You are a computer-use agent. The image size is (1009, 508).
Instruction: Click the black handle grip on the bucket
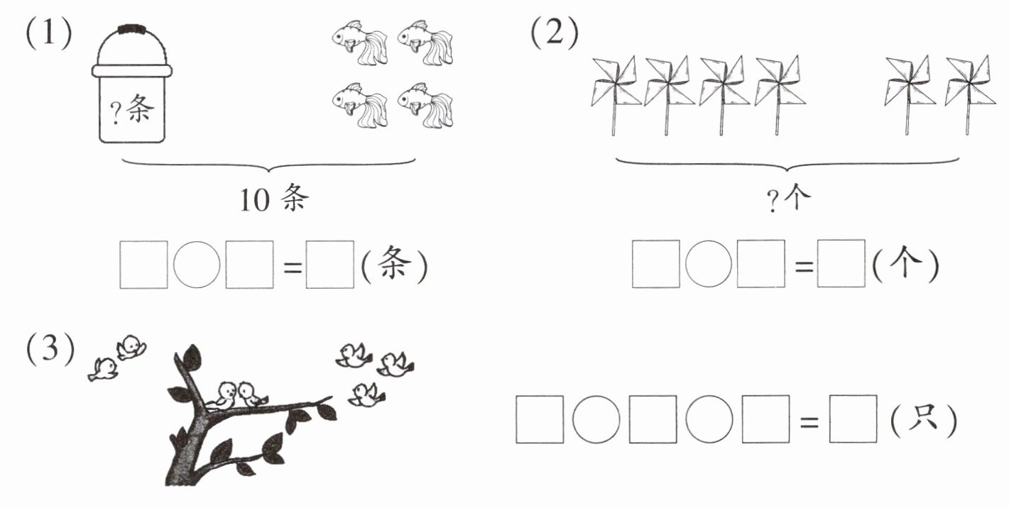coord(132,29)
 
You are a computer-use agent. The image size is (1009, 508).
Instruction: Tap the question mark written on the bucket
coord(116,112)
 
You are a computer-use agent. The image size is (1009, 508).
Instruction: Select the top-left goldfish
coord(360,43)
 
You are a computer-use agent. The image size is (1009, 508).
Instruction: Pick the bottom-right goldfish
coord(426,105)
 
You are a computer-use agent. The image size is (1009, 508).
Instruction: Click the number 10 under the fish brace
coord(255,200)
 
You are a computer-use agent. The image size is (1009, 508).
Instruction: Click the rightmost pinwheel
coord(970,95)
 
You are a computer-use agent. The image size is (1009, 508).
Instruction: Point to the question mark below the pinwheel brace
coord(773,201)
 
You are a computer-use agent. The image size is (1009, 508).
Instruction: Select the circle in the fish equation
coord(197,265)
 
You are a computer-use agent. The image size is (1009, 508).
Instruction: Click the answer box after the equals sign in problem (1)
coord(329,265)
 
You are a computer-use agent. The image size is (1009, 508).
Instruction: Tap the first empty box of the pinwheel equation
coord(656,264)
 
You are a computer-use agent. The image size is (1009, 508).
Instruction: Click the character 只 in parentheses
coord(923,418)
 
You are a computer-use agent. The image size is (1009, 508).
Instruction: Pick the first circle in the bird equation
coord(596,419)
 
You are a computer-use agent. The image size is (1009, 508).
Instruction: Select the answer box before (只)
coord(853,419)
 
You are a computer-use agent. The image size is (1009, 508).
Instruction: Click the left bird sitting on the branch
coord(222,396)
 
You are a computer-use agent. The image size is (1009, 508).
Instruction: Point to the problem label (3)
coord(50,348)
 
